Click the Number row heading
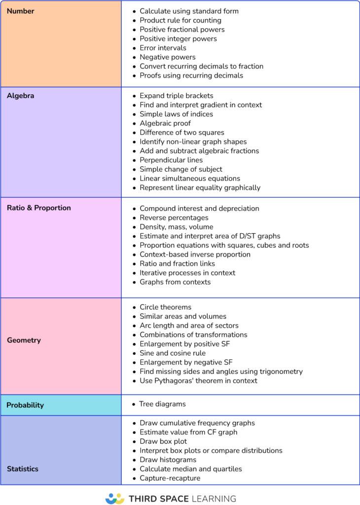pos(21,11)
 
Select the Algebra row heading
pos(21,96)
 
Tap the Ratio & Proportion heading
pos(39,208)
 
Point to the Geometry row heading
pos(24,340)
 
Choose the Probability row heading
pos(25,405)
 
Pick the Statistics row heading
pos(23,469)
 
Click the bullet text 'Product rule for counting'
pos(180,20)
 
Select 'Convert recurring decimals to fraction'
pos(201,66)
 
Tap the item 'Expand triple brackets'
pos(177,96)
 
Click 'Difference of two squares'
pos(182,132)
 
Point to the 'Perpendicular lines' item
pos(171,160)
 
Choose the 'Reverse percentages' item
pos(174,217)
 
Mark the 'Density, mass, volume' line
pos(177,227)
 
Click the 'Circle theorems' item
pos(166,307)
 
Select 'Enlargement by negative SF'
pos(186,362)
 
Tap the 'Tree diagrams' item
pos(162,404)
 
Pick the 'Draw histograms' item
pos(168,460)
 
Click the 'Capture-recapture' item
pos(170,478)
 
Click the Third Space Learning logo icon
pos(115,498)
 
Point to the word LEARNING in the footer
pos(213,499)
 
